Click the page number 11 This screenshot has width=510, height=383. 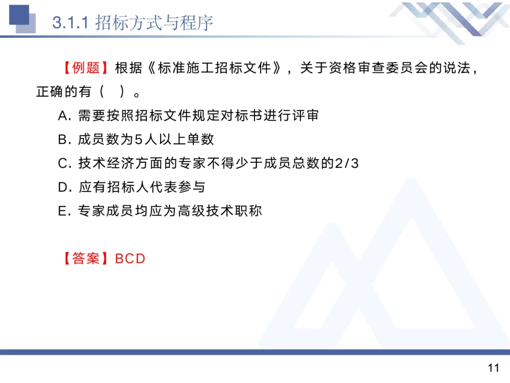click(x=493, y=368)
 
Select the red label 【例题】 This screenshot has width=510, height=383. click(x=86, y=68)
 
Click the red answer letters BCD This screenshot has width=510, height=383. click(x=131, y=258)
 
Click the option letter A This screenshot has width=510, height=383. click(x=64, y=116)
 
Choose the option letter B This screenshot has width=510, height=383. click(x=64, y=139)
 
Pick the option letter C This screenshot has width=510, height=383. click(x=64, y=163)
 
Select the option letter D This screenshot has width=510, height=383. click(x=64, y=187)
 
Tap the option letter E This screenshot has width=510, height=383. click(x=64, y=211)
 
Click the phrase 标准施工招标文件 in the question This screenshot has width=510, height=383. click(x=214, y=68)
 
